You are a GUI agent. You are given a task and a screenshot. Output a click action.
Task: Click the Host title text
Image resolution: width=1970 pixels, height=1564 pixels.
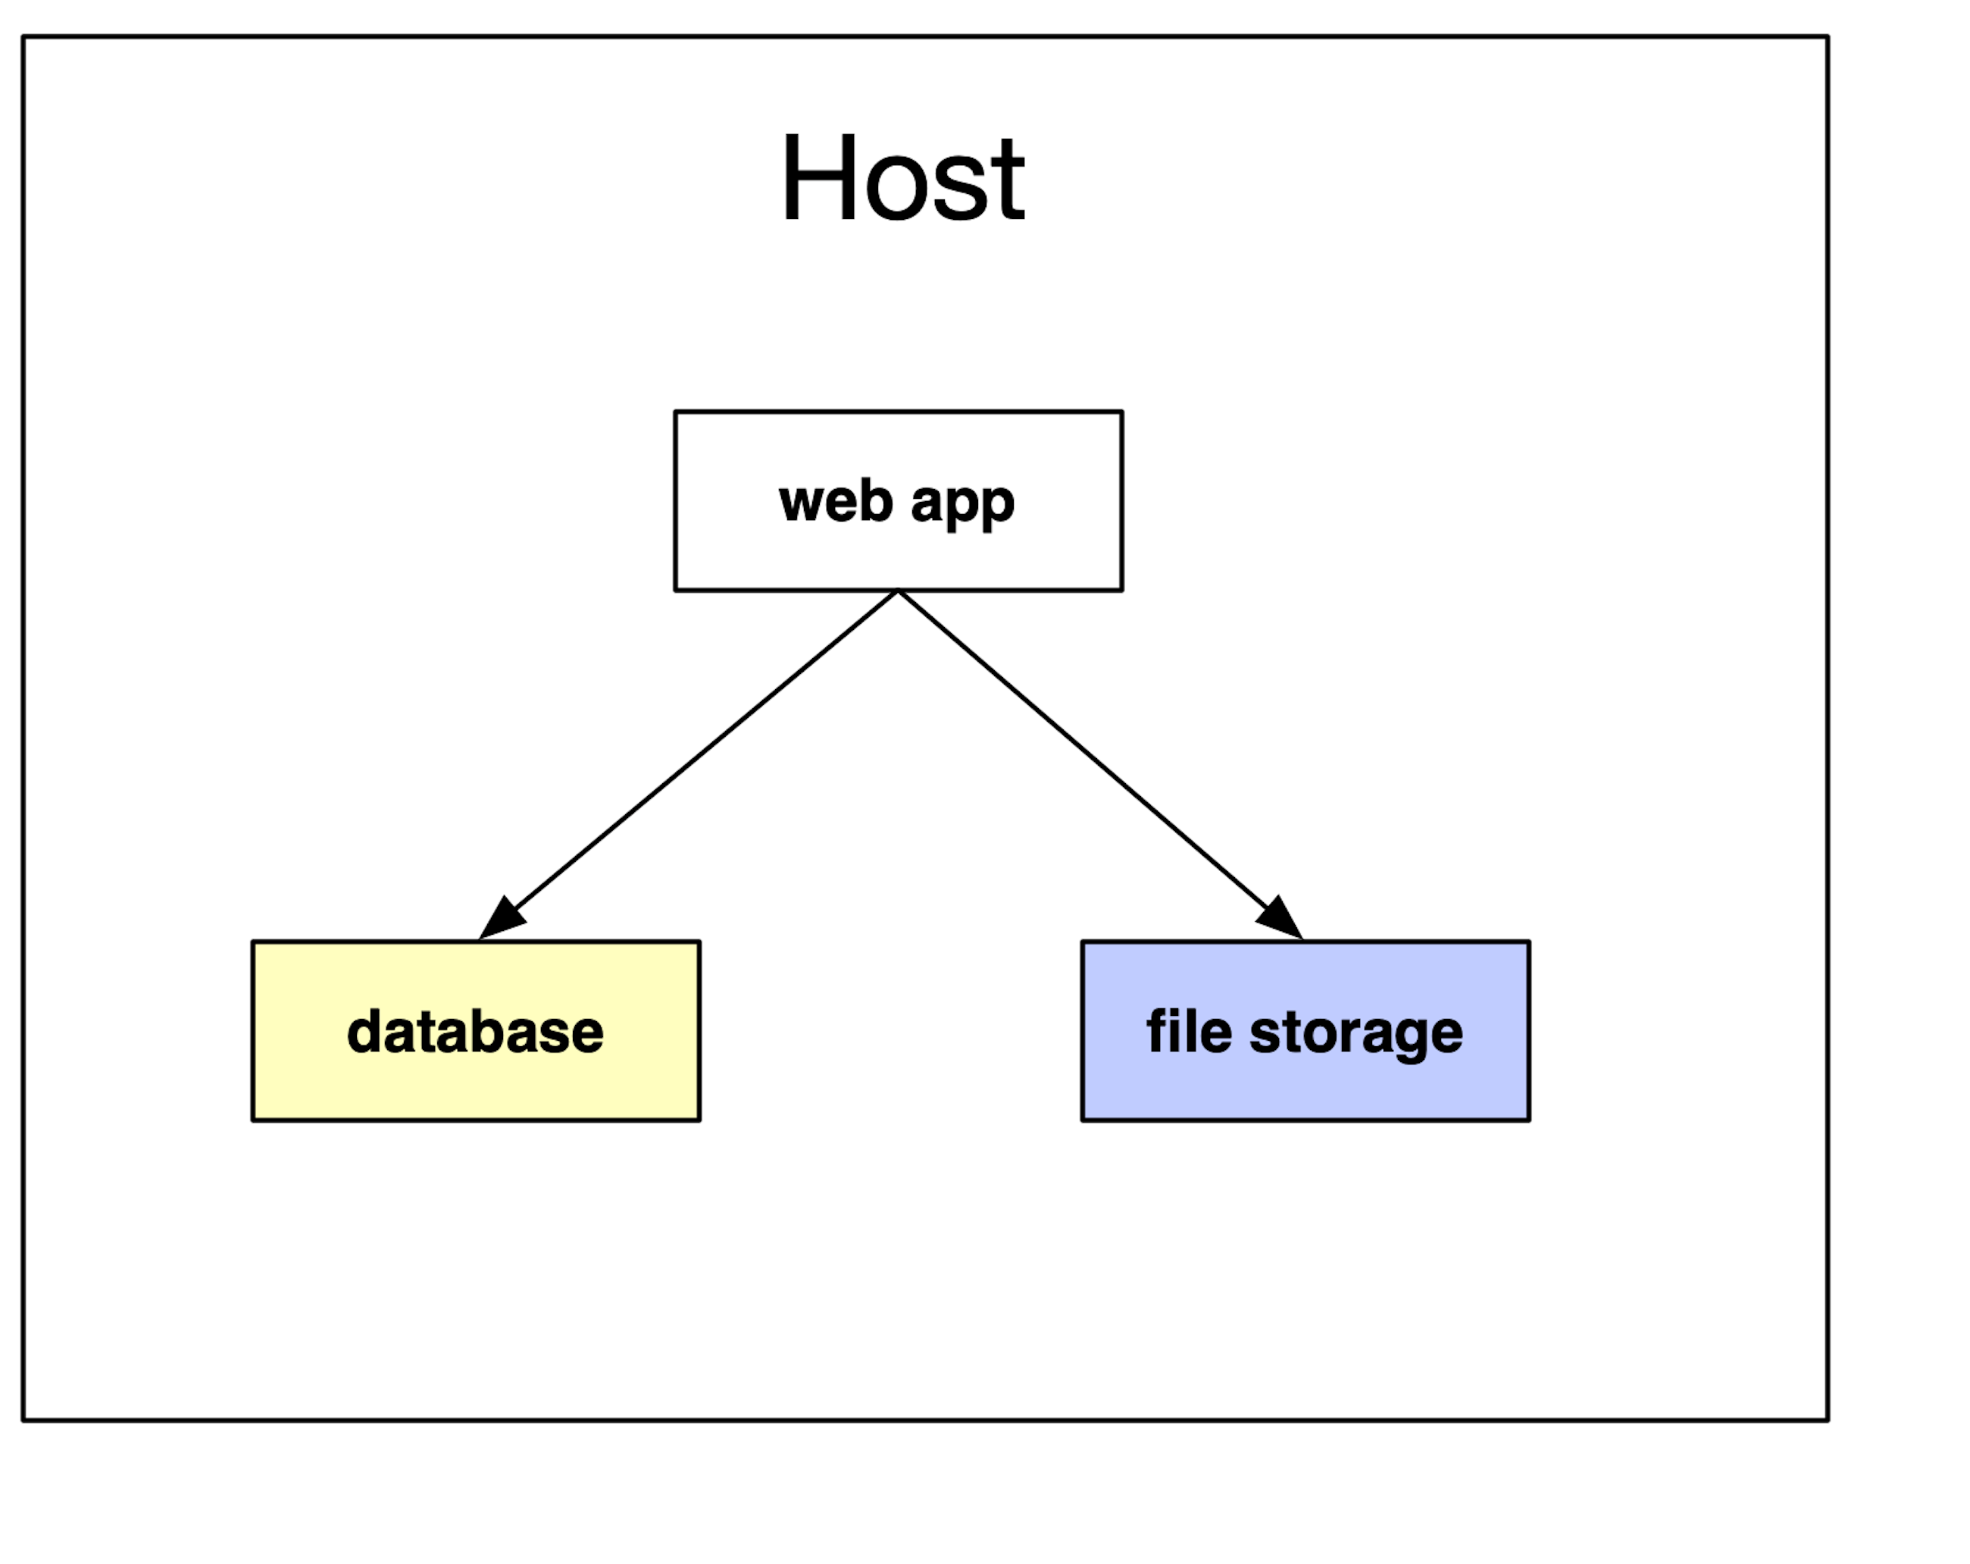(x=902, y=178)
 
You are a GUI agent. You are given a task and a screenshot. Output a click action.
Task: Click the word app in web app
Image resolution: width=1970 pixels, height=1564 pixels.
(x=962, y=503)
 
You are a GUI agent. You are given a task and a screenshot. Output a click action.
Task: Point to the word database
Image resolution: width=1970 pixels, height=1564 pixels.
(x=475, y=1032)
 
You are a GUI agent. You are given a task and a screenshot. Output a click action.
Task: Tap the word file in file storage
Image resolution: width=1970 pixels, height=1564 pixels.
(x=1189, y=1031)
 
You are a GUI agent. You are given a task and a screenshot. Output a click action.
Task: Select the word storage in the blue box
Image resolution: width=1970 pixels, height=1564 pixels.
(x=1356, y=1034)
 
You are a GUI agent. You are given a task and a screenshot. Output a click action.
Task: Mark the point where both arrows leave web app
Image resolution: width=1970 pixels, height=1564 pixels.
(x=898, y=591)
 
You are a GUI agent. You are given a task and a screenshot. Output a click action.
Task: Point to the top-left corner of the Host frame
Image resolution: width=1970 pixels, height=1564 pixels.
(x=23, y=37)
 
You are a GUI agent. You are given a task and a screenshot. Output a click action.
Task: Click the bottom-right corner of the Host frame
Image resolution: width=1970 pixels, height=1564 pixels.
(x=1828, y=1419)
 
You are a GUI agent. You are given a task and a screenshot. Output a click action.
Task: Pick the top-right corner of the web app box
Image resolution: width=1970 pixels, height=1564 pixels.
(x=1122, y=412)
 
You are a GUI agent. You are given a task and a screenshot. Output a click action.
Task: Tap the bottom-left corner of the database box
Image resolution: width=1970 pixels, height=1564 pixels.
(x=253, y=1120)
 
